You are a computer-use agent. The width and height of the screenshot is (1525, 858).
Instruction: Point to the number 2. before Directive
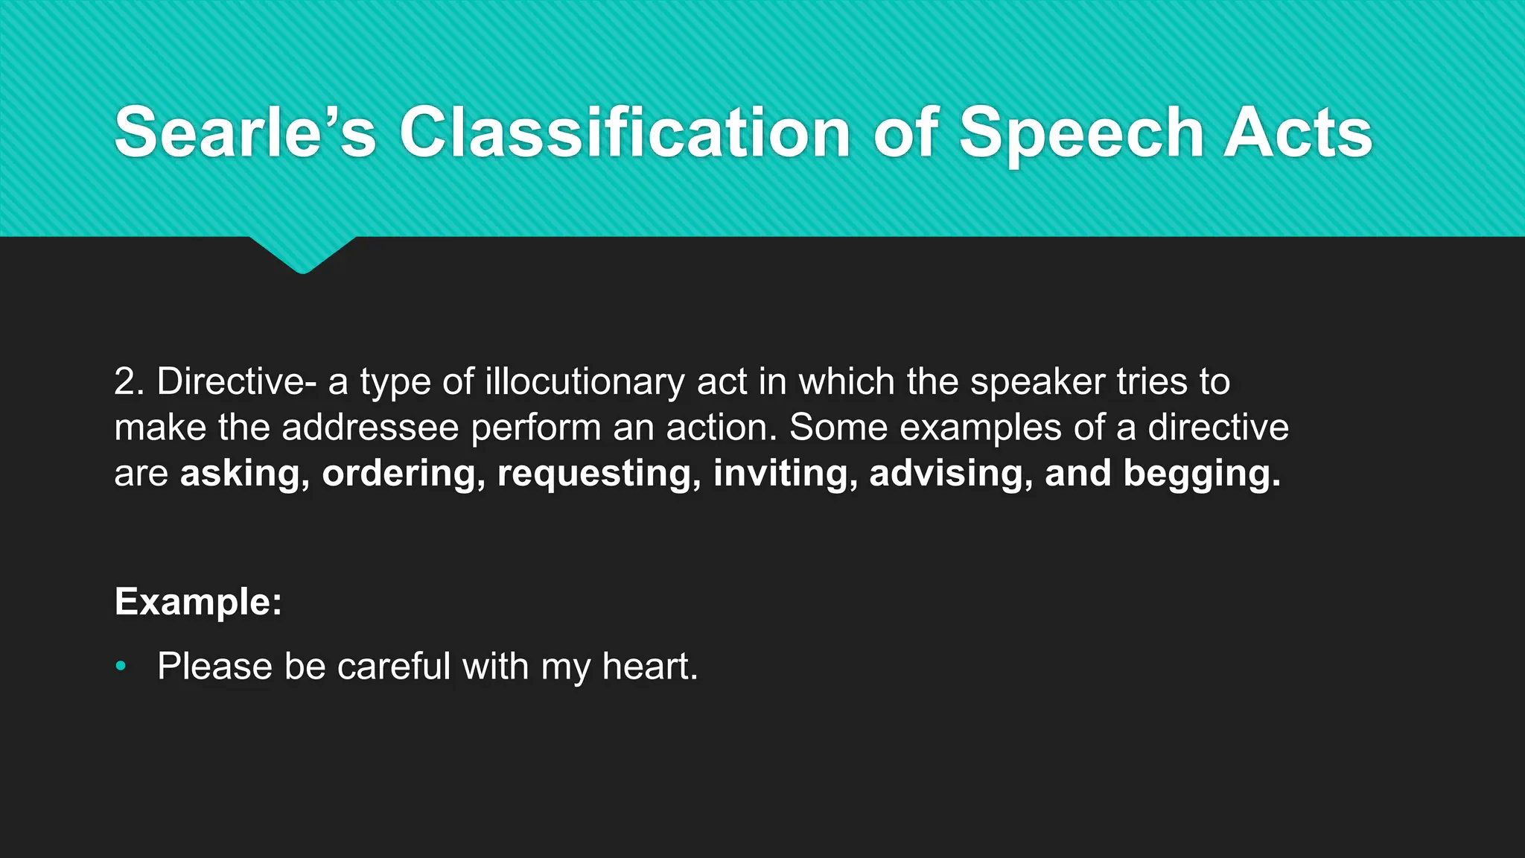[x=130, y=381]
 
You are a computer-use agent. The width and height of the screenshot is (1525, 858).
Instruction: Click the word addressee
[x=370, y=428]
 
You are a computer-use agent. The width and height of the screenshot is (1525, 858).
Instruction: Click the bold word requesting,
[x=599, y=474]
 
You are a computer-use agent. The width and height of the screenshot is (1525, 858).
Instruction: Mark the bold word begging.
[x=1201, y=474]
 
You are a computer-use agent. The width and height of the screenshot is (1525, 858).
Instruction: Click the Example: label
[x=198, y=601]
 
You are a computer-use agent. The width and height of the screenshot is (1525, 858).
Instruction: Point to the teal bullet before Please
[x=121, y=666]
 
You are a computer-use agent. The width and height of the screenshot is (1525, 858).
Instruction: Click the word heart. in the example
[x=649, y=666]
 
